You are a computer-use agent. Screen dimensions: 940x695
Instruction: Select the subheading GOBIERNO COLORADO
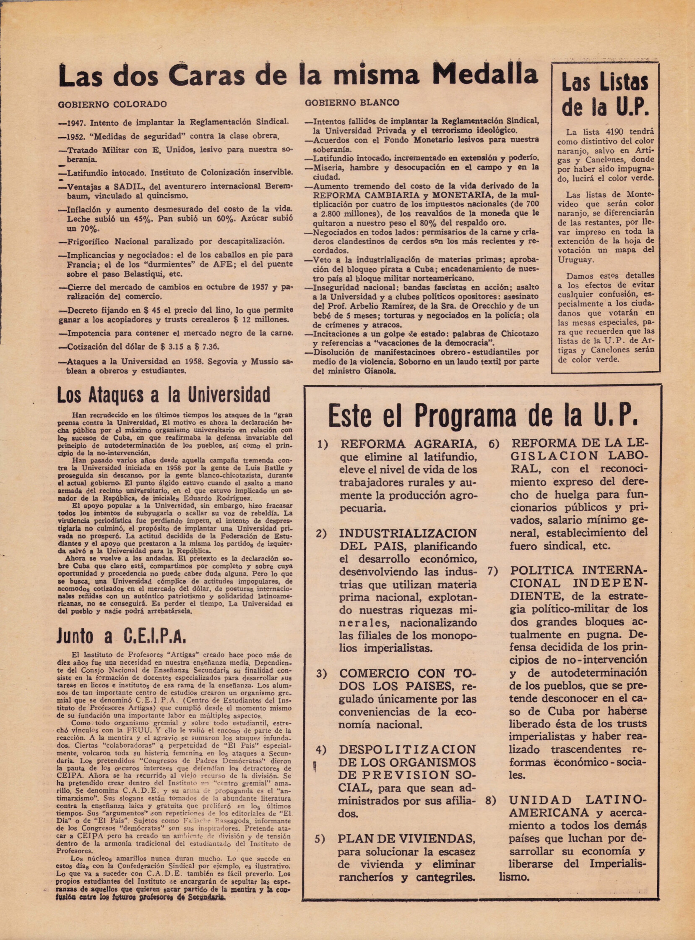112,104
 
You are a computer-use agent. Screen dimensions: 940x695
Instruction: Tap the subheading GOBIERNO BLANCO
352,103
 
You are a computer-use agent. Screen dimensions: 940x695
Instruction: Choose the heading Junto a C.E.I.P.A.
121,637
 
